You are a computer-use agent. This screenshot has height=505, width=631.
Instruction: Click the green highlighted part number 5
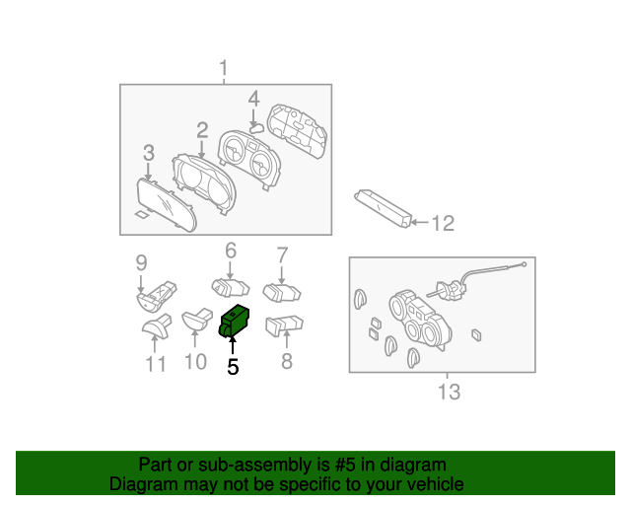tap(237, 322)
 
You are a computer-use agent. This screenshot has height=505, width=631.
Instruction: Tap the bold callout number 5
tap(233, 367)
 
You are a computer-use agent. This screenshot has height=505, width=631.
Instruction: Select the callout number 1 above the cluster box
tap(223, 69)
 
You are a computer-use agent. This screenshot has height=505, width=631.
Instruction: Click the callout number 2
tap(202, 129)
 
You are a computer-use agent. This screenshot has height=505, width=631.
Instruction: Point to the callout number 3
tap(148, 153)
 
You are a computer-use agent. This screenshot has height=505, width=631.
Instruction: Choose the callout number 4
tap(253, 99)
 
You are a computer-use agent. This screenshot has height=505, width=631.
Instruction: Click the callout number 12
tap(443, 224)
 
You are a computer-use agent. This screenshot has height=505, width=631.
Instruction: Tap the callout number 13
tap(449, 393)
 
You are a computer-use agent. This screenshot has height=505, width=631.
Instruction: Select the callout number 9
tap(141, 262)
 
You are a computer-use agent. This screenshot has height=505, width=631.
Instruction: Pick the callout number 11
tap(156, 365)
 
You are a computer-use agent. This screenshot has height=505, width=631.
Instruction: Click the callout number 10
tap(195, 362)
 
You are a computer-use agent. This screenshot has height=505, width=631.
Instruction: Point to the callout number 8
tap(287, 362)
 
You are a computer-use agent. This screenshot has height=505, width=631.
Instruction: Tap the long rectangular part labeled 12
tap(385, 207)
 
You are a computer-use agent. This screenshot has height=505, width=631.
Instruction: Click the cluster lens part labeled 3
tap(166, 202)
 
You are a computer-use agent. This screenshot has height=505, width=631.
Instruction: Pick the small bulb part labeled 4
tap(254, 126)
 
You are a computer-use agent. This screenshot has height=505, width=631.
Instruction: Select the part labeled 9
tap(157, 294)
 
